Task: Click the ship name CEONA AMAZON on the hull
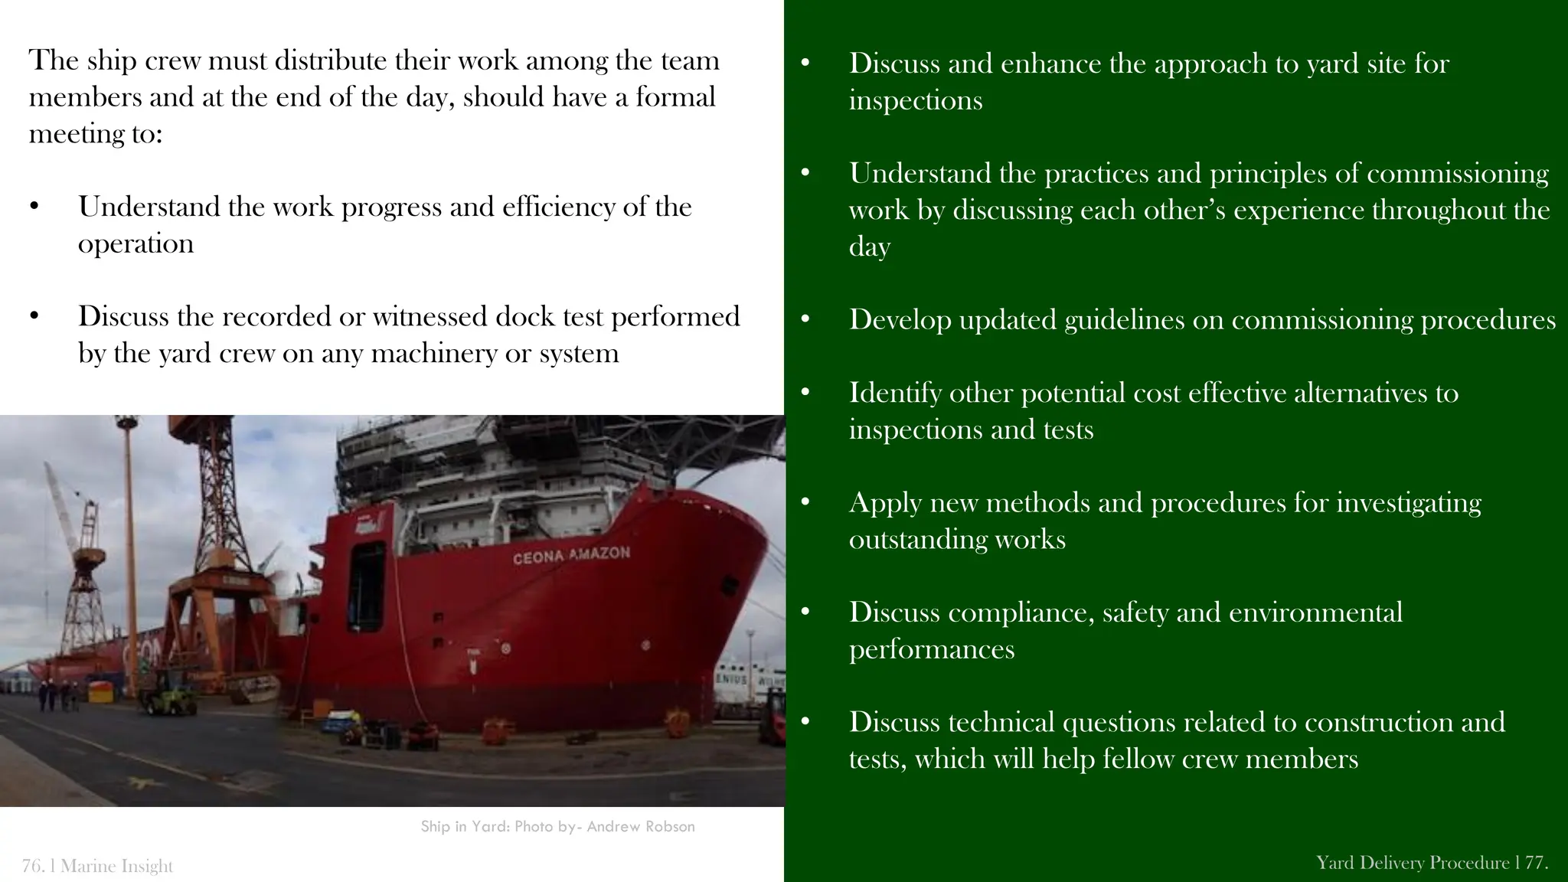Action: [571, 555]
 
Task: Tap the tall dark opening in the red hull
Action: [367, 586]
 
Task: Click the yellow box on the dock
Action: [100, 693]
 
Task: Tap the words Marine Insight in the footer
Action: [116, 866]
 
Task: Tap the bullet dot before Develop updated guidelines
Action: [805, 319]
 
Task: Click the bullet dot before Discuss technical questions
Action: [805, 722]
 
